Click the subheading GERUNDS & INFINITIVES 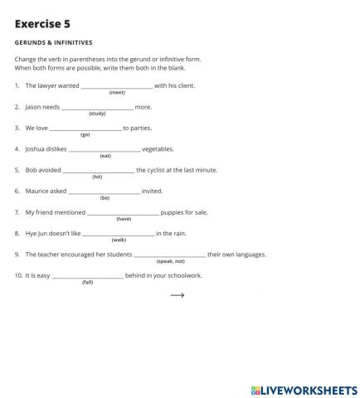(53, 42)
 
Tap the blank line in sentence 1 (116, 86)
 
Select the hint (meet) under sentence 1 (117, 93)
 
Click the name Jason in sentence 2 (33, 107)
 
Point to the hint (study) (97, 114)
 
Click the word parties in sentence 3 (140, 129)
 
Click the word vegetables (158, 149)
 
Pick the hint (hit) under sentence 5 (97, 177)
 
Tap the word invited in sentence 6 (152, 191)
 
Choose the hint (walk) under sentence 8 (119, 240)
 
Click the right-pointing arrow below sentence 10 (177, 294)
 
